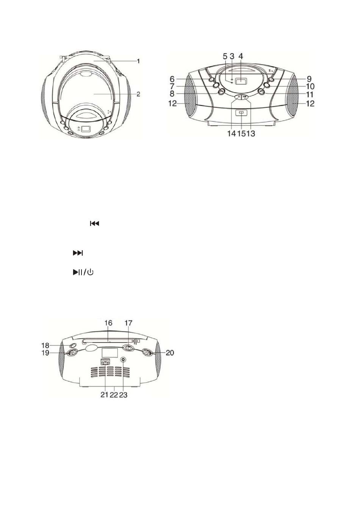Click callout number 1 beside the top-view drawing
click(x=138, y=61)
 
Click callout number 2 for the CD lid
click(x=138, y=94)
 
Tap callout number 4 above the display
click(x=241, y=57)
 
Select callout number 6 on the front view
click(x=172, y=79)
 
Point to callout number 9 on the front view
click(x=309, y=79)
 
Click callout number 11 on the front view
click(x=310, y=94)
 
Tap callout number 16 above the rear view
click(x=108, y=323)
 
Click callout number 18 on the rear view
click(x=45, y=345)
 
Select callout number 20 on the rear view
click(x=170, y=353)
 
